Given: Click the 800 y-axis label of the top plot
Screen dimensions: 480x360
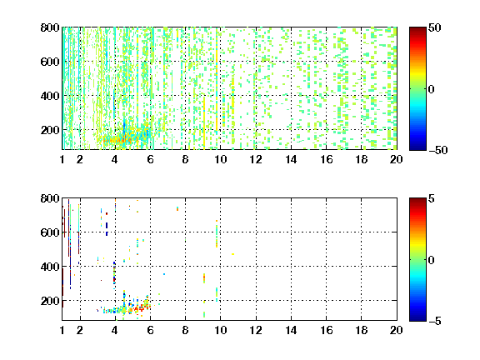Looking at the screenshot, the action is (50, 27).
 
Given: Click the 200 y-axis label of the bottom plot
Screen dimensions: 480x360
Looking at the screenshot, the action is (50, 301).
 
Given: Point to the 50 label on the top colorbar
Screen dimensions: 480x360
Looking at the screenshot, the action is (434, 27).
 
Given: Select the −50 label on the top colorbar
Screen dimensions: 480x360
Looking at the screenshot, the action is (437, 150).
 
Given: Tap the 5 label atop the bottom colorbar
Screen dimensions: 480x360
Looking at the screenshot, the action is (432, 198).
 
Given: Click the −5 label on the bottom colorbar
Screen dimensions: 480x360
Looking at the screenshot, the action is (435, 321).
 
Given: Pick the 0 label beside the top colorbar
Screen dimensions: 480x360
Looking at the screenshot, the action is (432, 89).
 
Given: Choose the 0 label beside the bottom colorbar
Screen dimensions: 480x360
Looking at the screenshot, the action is (432, 260).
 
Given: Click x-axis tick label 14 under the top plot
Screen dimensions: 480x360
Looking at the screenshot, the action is (291, 159).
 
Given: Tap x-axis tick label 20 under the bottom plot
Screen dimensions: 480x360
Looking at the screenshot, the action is (396, 330).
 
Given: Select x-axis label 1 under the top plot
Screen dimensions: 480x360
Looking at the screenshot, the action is (62, 159).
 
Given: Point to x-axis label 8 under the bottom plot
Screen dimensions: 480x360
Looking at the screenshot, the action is (185, 330).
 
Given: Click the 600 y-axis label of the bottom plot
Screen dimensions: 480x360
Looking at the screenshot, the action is (50, 232).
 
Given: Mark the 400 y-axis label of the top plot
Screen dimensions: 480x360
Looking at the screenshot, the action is (50, 96).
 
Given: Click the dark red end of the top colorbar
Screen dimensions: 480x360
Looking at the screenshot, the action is (417, 29).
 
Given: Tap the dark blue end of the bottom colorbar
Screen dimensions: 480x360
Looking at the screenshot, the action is (417, 318).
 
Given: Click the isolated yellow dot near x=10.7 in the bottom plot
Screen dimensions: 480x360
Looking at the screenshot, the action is (233, 254).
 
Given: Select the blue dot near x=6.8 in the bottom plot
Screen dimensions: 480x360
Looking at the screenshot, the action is (164, 274).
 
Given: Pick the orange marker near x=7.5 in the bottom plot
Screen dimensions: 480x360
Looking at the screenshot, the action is (177, 209).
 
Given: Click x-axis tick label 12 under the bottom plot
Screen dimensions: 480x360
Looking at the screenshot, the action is (256, 330).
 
